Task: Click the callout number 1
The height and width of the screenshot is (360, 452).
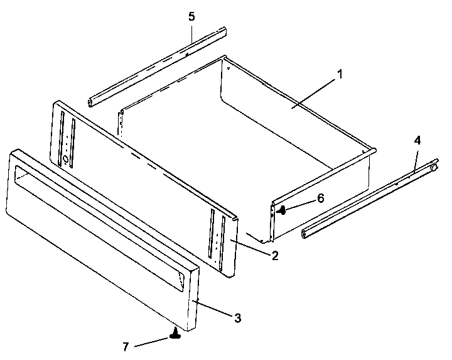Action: (340, 74)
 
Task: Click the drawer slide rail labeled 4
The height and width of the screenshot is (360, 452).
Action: (370, 200)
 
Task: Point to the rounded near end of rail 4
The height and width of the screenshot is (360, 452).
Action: (305, 233)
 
